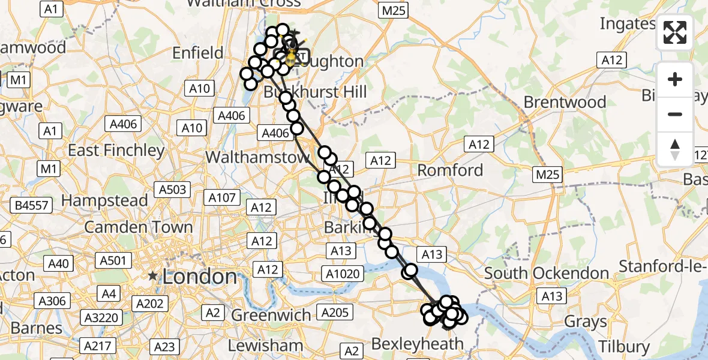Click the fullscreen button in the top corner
(x=675, y=32)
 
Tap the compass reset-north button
(x=675, y=149)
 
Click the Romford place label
(x=450, y=170)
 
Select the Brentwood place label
(x=565, y=102)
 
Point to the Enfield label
(x=197, y=53)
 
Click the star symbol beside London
(x=153, y=277)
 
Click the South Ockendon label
(x=547, y=273)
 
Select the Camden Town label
(x=139, y=227)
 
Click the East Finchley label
(x=116, y=150)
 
